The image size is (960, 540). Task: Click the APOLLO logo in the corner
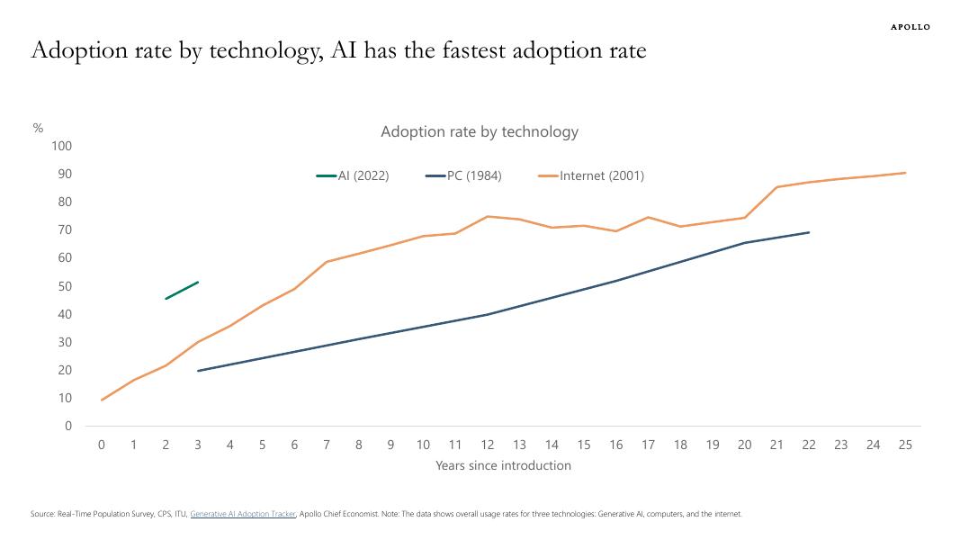tap(910, 27)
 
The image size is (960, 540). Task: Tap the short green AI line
tap(182, 290)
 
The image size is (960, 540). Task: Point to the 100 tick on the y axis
tap(62, 146)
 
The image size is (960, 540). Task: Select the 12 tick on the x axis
tap(488, 445)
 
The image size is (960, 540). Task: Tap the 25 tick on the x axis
tap(905, 445)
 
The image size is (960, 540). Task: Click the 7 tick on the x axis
tap(327, 445)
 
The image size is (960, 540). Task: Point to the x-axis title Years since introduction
tap(503, 465)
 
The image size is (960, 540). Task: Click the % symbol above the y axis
tap(38, 128)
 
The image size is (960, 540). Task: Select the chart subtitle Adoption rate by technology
tap(480, 131)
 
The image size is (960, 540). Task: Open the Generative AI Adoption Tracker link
tap(243, 514)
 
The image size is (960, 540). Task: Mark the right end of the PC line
tap(809, 232)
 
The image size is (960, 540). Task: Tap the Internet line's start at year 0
tap(102, 400)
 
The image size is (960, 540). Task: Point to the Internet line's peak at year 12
tap(488, 216)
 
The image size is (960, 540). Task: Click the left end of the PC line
tap(198, 370)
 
